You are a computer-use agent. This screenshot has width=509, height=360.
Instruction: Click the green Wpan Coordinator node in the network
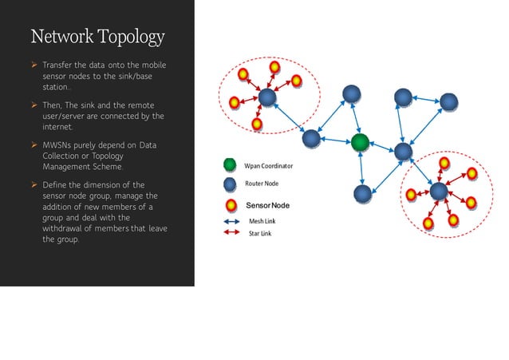click(x=361, y=143)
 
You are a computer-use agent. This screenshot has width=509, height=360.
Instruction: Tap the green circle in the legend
click(x=231, y=165)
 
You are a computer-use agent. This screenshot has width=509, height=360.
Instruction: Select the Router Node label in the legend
click(x=262, y=184)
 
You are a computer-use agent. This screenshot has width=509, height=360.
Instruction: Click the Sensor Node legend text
click(x=267, y=206)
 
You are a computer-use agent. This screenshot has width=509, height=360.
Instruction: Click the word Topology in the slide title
click(x=131, y=37)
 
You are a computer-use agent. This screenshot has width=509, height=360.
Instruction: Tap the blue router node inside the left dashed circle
click(x=267, y=98)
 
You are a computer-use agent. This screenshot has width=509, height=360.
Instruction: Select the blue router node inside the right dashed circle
click(x=438, y=192)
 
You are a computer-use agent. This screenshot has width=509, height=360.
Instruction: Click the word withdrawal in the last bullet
click(x=67, y=228)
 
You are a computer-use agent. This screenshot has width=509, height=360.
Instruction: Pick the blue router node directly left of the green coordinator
click(x=312, y=139)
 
